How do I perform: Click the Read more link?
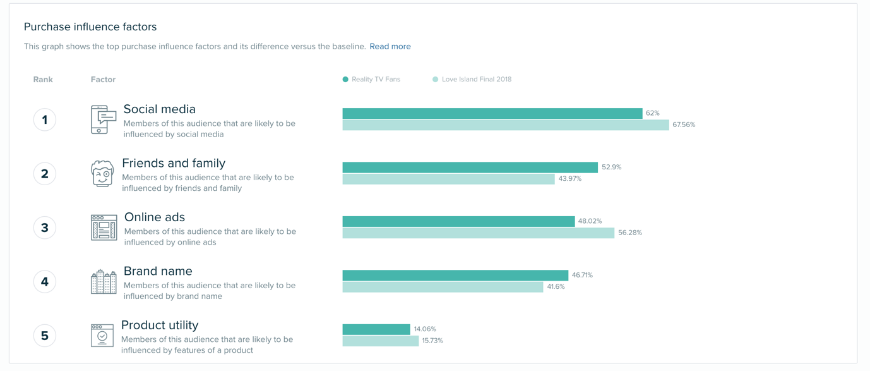coord(390,46)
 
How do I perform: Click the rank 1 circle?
coord(45,119)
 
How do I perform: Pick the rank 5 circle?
coord(45,336)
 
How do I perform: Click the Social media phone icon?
coord(103,119)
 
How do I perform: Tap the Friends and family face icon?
coord(102,173)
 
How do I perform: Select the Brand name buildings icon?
coord(104,282)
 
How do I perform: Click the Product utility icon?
coord(102,336)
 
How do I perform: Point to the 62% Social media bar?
coord(492,113)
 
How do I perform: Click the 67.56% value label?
coord(684,125)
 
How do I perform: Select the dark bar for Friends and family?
coord(470,167)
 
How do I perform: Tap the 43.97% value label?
coord(569,179)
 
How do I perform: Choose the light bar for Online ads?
coord(478,233)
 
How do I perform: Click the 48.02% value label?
coord(590,221)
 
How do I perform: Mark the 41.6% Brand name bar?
coord(443,287)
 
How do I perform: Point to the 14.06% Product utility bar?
coord(376,329)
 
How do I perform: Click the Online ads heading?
coord(154,217)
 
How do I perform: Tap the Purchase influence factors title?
coord(90,27)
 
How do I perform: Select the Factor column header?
coord(103,80)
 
